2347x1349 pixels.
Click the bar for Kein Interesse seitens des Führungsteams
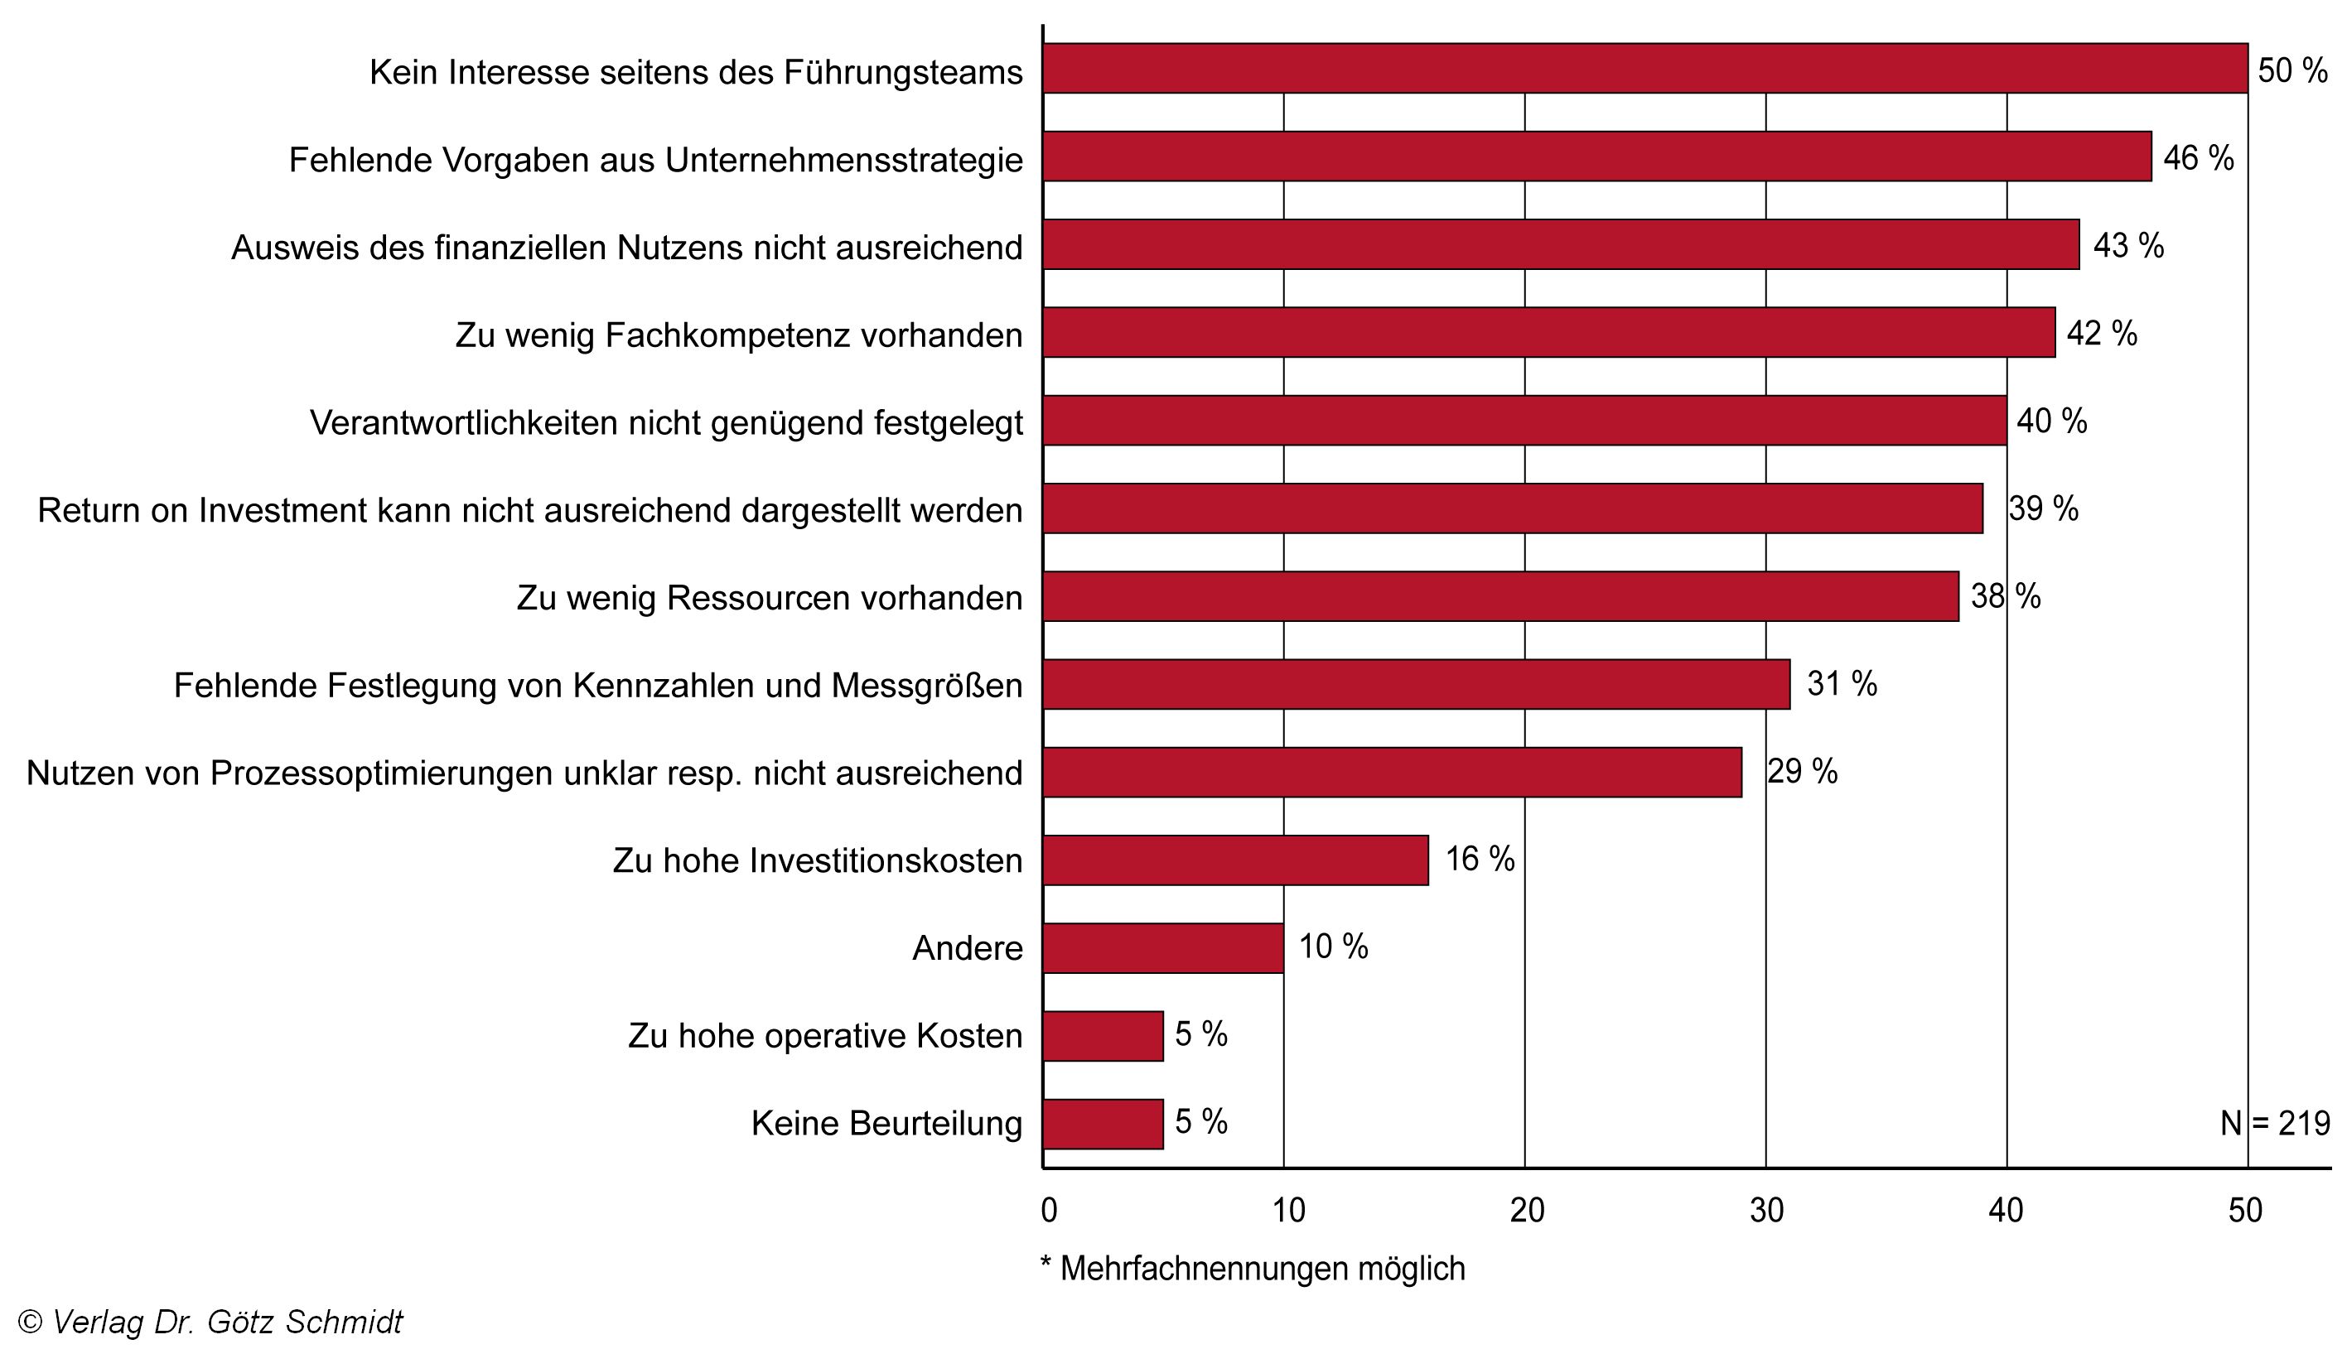1644,69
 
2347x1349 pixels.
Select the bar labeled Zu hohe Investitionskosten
1235,860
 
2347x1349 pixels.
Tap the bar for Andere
1163,948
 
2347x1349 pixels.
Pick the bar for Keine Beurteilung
1103,1124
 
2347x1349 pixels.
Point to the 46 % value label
2198,158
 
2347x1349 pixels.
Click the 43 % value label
2128,245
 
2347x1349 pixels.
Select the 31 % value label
1842,684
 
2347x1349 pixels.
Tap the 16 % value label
1480,859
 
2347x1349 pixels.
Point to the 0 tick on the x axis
1049,1210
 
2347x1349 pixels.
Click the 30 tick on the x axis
1767,1210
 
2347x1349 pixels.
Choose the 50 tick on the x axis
2245,1210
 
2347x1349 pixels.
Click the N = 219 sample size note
2275,1124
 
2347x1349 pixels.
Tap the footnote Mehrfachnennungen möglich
1253,1269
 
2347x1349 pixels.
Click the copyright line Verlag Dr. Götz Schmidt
210,1321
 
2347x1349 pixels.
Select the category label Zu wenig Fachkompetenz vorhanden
738,335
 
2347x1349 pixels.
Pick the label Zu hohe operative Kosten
824,1036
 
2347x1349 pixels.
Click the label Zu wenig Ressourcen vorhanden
769,598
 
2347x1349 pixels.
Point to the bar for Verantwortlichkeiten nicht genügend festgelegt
1524,421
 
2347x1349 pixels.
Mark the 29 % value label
1802,772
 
